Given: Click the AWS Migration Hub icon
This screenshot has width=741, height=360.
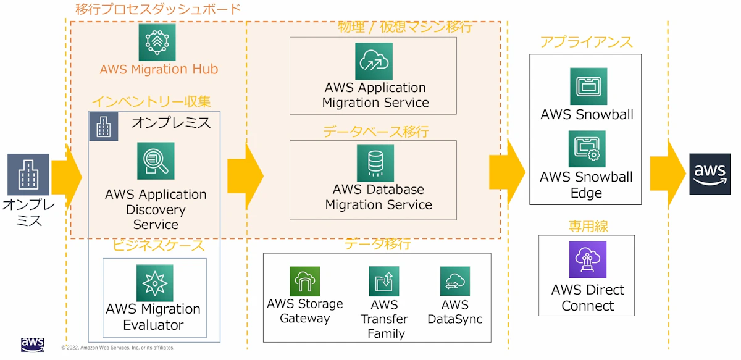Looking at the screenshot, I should (157, 42).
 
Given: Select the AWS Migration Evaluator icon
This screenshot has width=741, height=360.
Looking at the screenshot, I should (154, 283).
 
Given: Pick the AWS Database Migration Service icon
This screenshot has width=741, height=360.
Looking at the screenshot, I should (375, 163).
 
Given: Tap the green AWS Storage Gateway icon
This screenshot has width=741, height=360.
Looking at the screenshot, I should (305, 282).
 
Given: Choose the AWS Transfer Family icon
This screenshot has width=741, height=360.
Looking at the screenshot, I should (384, 282).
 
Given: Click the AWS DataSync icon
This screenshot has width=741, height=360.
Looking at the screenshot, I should (455, 282).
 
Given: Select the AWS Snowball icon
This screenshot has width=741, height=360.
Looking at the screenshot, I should (588, 86).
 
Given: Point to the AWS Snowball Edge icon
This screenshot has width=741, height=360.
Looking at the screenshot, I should (587, 149).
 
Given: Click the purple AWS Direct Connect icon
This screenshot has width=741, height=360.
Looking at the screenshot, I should (587, 260).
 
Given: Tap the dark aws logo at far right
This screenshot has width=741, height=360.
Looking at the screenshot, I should (710, 174).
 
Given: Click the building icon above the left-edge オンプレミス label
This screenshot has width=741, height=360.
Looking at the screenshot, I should (28, 174).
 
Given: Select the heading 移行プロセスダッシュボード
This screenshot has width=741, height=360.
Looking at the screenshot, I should (157, 9).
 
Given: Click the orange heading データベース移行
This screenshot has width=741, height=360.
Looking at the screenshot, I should (375, 132).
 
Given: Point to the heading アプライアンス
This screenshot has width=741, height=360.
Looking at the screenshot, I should (586, 42).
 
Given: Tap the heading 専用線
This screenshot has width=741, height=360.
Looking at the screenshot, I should (588, 226).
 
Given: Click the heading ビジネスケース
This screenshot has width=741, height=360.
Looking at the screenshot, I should (158, 245).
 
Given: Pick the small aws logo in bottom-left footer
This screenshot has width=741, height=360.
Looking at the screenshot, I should (32, 345).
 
